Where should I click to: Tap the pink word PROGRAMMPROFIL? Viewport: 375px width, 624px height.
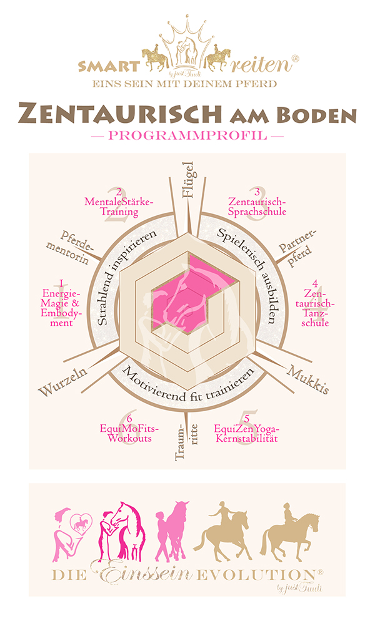point(187,134)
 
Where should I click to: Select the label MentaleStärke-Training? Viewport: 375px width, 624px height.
point(119,206)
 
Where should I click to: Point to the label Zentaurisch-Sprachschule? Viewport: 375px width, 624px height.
point(257,206)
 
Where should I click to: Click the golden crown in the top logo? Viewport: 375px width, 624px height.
point(187,31)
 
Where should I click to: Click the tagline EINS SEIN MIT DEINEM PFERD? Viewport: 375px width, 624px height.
point(187,84)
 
